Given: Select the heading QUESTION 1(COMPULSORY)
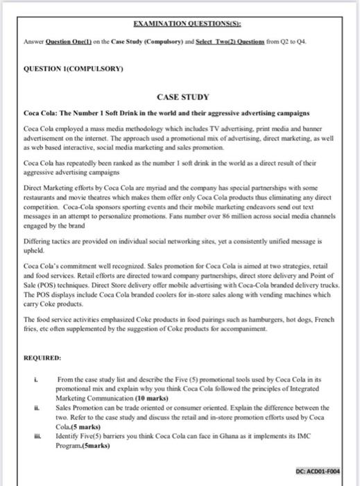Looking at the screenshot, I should pos(63,70).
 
